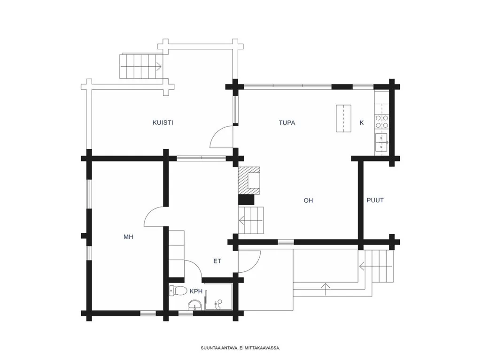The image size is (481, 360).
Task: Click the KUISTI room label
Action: point(163,123)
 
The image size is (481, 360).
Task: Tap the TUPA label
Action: point(287,123)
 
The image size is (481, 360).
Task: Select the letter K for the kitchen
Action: point(362,123)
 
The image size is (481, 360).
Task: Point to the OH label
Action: point(308,200)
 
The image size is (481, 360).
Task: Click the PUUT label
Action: point(375,200)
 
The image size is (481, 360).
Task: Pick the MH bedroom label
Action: point(128,237)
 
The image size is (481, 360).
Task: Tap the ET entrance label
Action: point(217,261)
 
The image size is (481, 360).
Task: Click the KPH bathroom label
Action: point(196,291)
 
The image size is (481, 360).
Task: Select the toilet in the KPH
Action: point(178,291)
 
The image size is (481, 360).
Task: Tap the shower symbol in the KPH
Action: point(218,304)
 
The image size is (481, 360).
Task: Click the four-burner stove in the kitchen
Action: point(382,122)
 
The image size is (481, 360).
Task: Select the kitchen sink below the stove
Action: point(381,143)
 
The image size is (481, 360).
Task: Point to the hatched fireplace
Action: point(249,181)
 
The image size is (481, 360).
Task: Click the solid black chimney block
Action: point(246,200)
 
